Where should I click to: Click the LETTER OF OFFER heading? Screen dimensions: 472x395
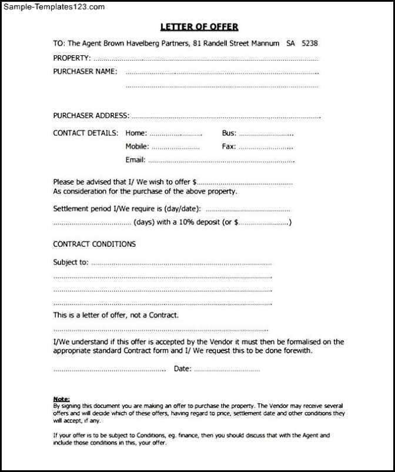[x=199, y=27]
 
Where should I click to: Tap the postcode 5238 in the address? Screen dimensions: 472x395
[x=309, y=43]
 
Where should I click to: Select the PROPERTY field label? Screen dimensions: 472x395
[x=72, y=58]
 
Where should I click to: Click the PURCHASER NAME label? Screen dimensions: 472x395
[x=85, y=72]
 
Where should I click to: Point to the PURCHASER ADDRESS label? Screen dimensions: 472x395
[x=91, y=116]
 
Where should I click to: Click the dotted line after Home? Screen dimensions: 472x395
[x=175, y=134]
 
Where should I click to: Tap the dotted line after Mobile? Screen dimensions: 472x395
[x=176, y=147]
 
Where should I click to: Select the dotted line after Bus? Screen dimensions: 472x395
[x=266, y=134]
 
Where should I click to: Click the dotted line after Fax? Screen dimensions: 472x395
[x=266, y=147]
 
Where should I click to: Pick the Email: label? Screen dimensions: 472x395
[x=135, y=160]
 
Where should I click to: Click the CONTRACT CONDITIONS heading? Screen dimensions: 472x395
[x=94, y=244]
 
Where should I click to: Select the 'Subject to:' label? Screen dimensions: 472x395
[x=71, y=262]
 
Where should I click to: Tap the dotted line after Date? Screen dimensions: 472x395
[x=226, y=369]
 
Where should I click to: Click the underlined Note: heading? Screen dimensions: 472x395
[x=61, y=399]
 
